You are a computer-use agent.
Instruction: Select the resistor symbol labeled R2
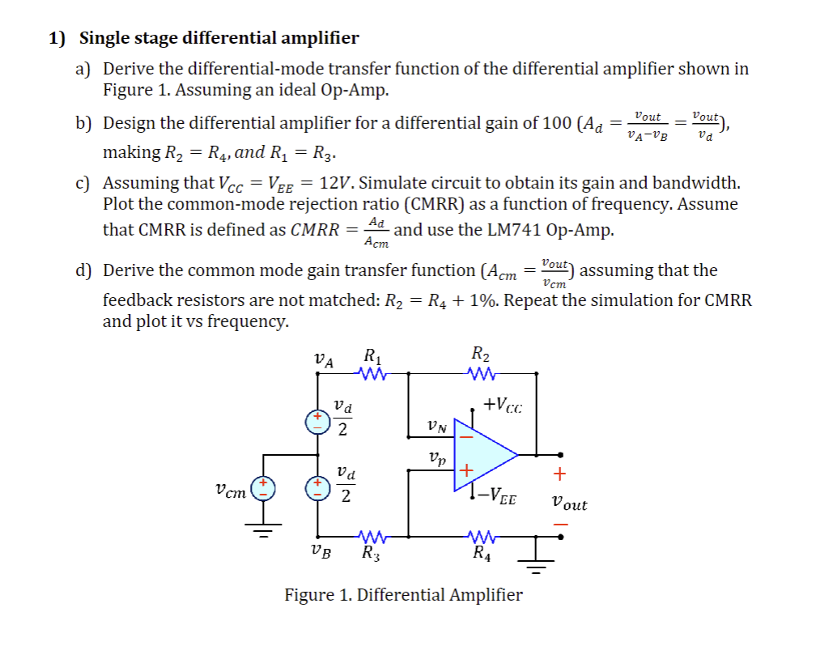(x=480, y=374)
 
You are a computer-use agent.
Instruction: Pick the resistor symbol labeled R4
(x=481, y=536)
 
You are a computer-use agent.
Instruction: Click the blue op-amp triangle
(x=482, y=455)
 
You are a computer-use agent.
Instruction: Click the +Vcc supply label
(x=502, y=405)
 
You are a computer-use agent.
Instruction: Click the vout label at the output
(x=568, y=504)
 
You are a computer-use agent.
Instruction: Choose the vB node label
(x=321, y=554)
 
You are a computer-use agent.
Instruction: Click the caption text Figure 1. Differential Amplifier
(x=403, y=595)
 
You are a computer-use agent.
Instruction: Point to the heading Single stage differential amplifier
(x=219, y=38)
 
